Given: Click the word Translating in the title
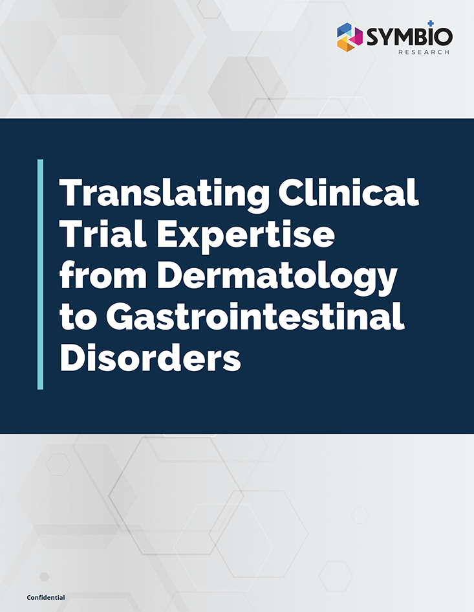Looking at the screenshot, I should point(160,194).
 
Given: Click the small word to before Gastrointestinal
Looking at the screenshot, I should point(73,319).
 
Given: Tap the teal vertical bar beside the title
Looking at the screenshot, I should point(41,274).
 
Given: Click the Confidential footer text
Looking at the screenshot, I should point(46,596).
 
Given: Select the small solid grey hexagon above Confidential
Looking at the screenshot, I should point(44,576).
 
